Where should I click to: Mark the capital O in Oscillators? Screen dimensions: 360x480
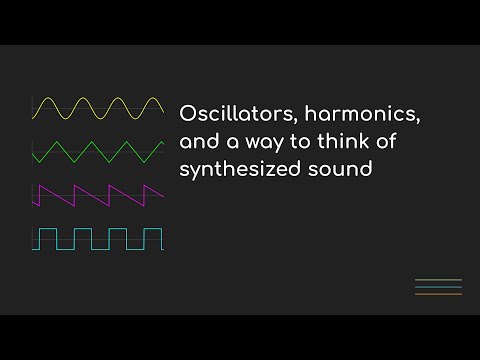click(187, 112)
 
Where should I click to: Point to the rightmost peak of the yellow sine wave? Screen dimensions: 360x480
click(150, 99)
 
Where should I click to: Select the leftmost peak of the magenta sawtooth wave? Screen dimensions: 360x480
click(37, 185)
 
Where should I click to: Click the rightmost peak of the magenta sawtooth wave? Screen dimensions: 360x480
click(147, 185)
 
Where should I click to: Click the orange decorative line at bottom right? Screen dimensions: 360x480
click(438, 294)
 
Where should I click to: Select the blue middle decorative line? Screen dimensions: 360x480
click(438, 287)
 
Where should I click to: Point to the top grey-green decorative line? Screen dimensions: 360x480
click(438, 280)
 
